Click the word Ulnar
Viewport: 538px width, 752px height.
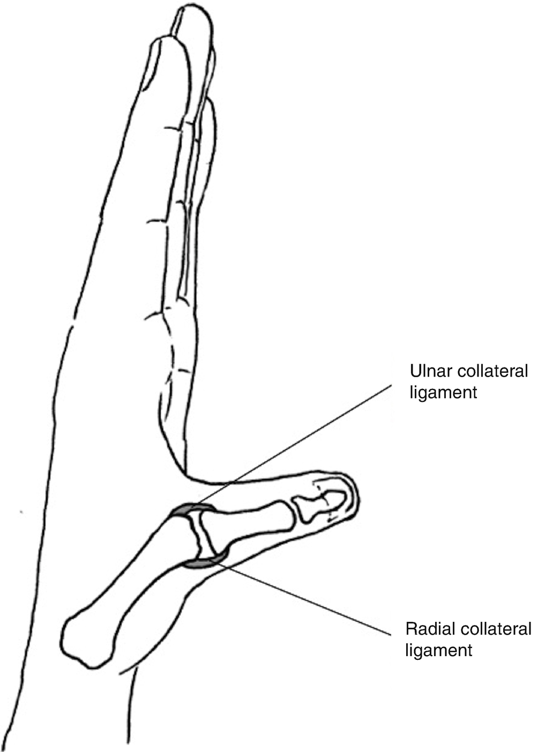427,371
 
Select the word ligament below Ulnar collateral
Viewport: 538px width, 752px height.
443,393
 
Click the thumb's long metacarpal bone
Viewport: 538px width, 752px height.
134,578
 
